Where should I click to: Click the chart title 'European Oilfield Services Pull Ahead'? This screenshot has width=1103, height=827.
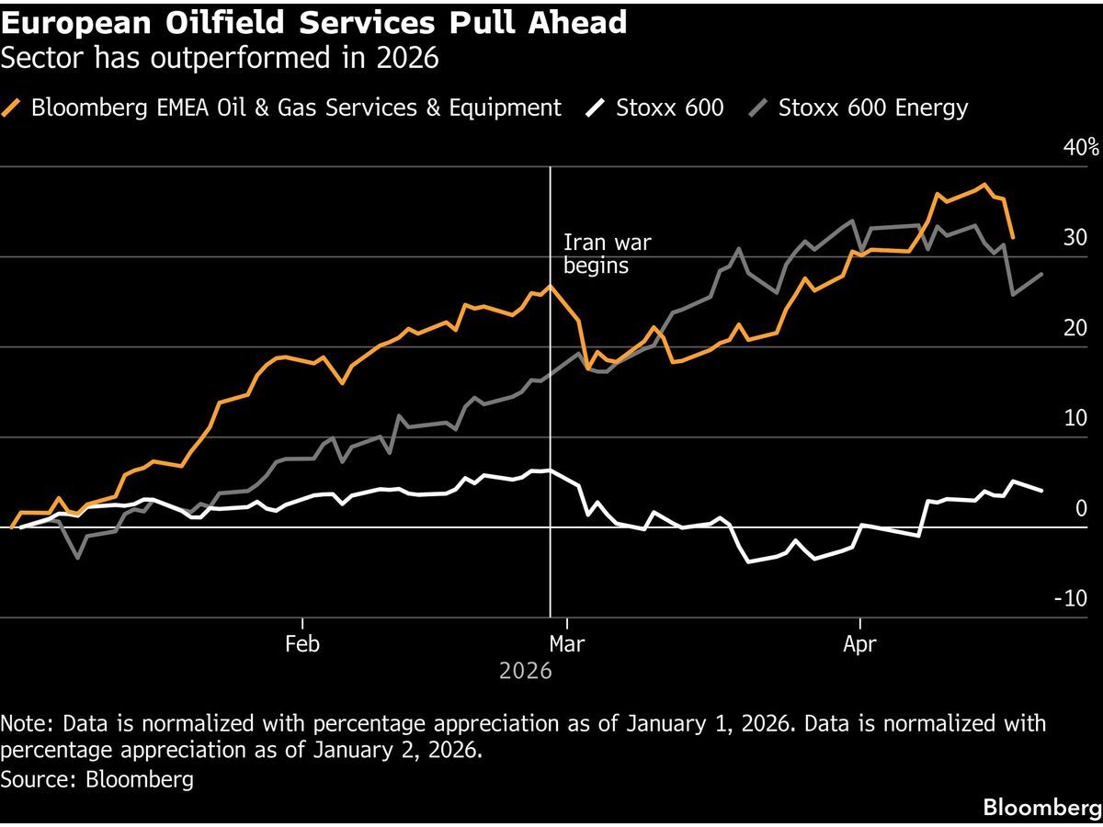coord(314,22)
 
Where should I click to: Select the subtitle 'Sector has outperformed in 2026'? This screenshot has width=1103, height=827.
coord(220,59)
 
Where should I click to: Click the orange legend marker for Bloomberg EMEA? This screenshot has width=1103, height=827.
coord(13,108)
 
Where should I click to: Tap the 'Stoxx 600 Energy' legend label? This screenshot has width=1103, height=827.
coord(872,108)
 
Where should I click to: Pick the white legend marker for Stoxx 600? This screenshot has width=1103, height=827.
coord(596,108)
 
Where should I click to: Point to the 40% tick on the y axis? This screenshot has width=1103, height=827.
coord(1081,148)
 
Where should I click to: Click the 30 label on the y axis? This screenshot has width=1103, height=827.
coord(1075,238)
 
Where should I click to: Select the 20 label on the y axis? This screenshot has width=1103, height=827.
coord(1075,328)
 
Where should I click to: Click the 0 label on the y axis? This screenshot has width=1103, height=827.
coord(1081,508)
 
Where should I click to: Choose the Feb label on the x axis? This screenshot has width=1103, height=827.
coord(302,644)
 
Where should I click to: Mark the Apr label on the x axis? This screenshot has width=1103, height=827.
coord(859,644)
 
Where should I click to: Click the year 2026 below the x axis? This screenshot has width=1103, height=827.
coord(526,671)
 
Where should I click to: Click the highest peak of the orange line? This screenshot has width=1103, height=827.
coord(984,185)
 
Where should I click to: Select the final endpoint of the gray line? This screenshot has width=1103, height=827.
coord(1041,274)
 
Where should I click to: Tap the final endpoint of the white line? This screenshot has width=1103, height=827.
coord(1041,491)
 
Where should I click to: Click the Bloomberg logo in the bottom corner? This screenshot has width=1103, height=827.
coord(1041,808)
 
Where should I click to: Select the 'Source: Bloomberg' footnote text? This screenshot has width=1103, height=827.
coord(97,779)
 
